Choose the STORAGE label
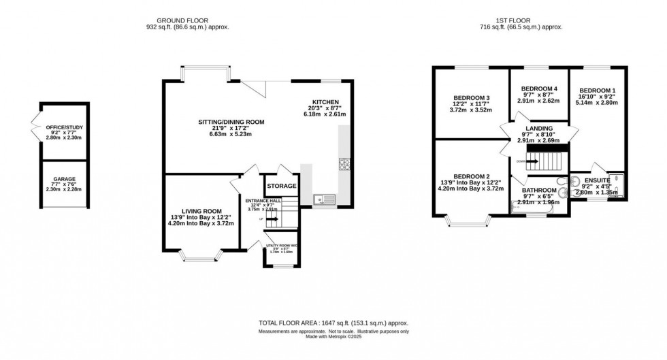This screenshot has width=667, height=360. (x=281, y=186)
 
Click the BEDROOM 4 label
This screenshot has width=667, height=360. (x=538, y=88)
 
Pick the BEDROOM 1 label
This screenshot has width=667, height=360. (x=598, y=91)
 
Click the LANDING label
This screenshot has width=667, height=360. (x=538, y=127)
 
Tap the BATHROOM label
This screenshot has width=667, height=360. (x=538, y=190)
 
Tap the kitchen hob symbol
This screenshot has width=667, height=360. (x=344, y=165)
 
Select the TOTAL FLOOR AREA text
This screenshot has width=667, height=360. (x=333, y=323)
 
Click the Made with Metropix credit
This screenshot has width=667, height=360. (x=333, y=337)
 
